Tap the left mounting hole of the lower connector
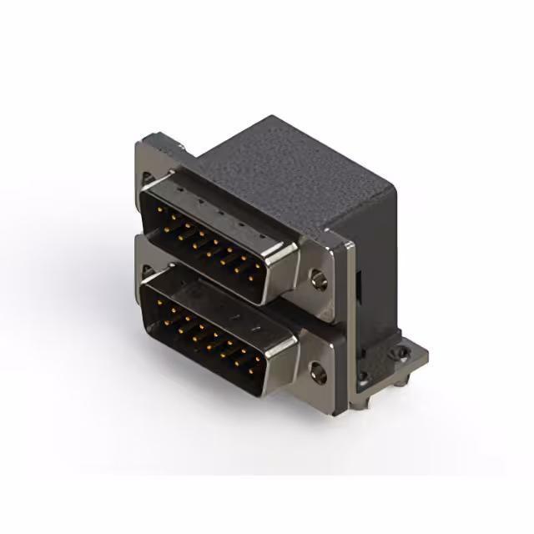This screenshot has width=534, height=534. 149,272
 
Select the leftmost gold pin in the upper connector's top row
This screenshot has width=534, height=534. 165,212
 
